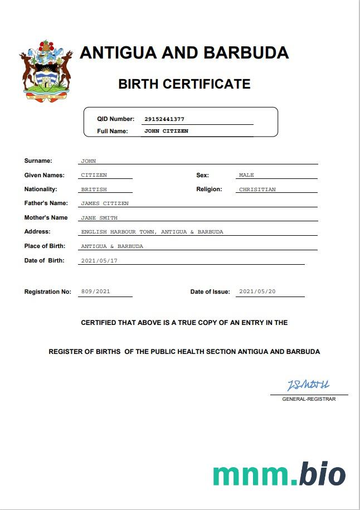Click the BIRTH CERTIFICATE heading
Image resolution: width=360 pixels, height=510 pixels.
pos(184,84)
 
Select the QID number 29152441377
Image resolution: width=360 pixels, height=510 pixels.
pos(164,119)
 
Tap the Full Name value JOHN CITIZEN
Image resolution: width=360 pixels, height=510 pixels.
pos(166,131)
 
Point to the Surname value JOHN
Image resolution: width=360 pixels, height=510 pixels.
pos(89,161)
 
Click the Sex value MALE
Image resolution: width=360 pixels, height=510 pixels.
pos(246,175)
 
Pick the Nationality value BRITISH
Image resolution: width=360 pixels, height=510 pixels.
pos(94,190)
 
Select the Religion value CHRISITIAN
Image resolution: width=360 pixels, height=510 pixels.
pos(257,190)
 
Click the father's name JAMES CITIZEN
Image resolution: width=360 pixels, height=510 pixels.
pos(105,203)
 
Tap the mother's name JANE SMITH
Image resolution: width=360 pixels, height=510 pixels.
pos(99,218)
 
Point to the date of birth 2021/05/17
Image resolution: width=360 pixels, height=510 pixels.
pos(99,261)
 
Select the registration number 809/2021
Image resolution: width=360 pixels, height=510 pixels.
pos(96,292)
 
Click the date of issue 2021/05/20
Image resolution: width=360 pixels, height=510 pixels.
pos(257,292)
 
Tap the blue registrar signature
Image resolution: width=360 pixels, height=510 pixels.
pos(308,385)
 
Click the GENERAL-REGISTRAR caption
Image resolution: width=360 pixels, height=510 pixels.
pos(309,399)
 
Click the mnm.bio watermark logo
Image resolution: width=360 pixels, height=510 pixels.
pos(279,474)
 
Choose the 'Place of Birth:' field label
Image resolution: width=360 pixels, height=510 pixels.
pos(45,246)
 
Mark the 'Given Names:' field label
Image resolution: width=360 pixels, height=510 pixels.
pos(45,175)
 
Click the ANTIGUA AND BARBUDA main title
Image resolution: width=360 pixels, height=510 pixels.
pos(184,53)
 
